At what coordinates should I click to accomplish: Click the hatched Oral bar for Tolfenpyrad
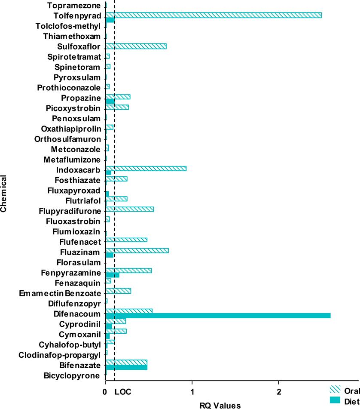point(214,15)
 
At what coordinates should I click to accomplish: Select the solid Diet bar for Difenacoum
point(218,316)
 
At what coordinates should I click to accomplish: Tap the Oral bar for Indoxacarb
point(146,169)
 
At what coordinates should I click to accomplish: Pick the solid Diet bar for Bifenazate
point(126,367)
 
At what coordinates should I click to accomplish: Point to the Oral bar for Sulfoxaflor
point(136,46)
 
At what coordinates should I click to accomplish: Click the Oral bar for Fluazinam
point(137,250)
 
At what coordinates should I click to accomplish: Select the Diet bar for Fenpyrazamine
point(113,275)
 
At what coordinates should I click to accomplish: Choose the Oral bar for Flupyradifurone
point(130,209)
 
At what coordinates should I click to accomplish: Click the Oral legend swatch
point(335,390)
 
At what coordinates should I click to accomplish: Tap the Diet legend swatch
point(335,400)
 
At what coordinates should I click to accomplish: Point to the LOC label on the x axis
point(123,392)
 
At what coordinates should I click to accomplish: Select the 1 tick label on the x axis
point(192,392)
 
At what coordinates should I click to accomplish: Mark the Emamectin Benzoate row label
point(60,293)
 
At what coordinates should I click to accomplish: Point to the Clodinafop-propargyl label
point(60,355)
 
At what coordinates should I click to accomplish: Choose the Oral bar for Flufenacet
point(126,240)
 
